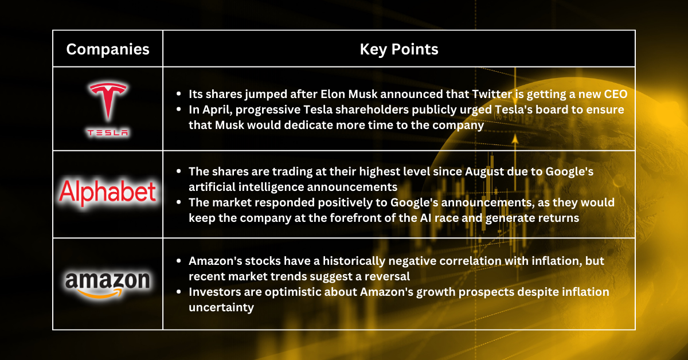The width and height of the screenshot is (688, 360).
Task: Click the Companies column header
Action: pyautogui.click(x=108, y=49)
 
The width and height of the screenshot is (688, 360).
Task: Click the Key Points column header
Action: pyautogui.click(x=399, y=49)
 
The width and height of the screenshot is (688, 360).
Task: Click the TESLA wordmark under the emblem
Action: pyautogui.click(x=108, y=132)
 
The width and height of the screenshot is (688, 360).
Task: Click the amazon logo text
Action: pyautogui.click(x=108, y=280)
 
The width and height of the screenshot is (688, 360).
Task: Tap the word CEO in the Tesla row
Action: pyautogui.click(x=615, y=94)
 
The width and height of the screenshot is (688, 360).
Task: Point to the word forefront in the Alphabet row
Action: pyautogui.click(x=360, y=218)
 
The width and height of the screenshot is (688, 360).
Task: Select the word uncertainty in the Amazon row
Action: pyautogui.click(x=221, y=307)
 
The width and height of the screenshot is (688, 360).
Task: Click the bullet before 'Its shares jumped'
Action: pyautogui.click(x=179, y=93)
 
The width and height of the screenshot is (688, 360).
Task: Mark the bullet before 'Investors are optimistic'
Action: pyautogui.click(x=179, y=292)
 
